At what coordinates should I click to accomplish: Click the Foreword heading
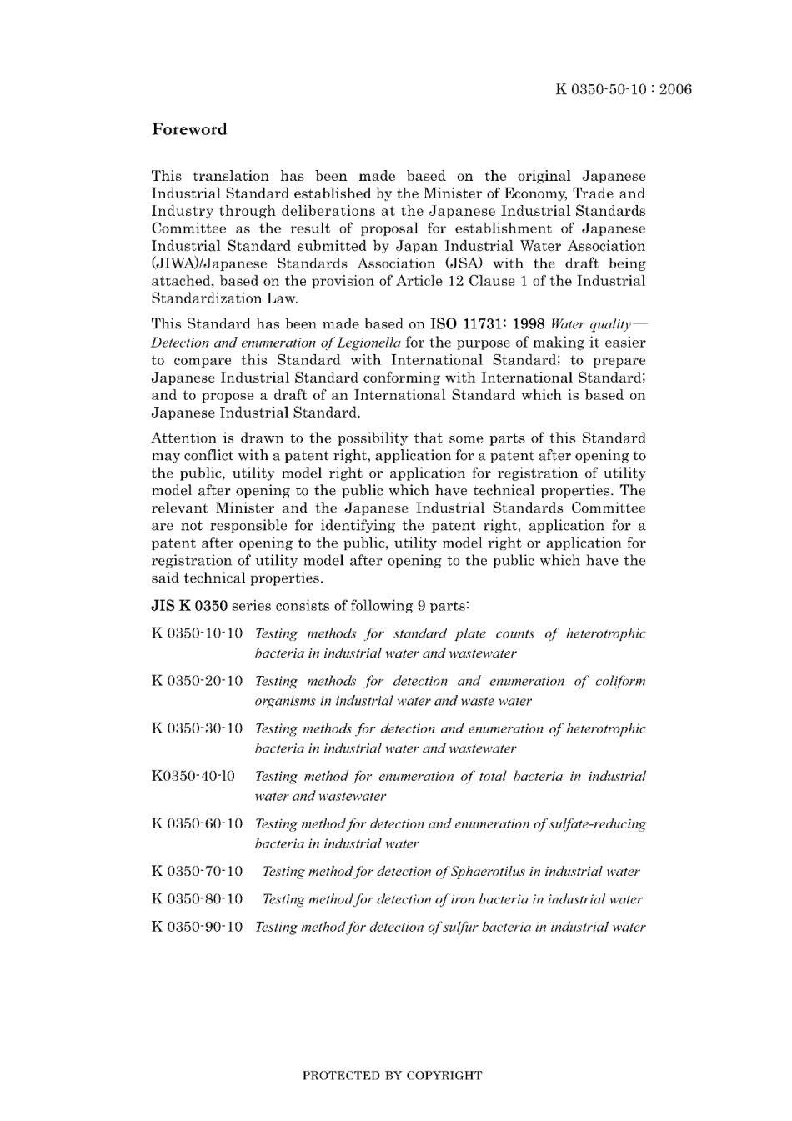tap(188, 129)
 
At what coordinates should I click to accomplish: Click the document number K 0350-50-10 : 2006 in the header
tap(624, 90)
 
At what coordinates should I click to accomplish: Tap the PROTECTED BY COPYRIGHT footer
tap(392, 1075)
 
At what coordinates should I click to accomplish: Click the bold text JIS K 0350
tap(189, 606)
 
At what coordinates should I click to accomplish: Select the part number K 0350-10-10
tap(197, 634)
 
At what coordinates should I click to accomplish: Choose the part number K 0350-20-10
tap(197, 682)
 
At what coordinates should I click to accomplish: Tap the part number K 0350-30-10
tap(197, 729)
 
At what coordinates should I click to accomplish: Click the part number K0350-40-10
tap(193, 777)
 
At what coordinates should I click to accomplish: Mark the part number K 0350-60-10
tap(197, 824)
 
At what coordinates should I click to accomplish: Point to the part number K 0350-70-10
tap(197, 872)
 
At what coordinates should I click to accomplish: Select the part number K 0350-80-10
tap(197, 899)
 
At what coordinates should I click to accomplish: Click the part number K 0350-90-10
tap(197, 927)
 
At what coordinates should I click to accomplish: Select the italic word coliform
tap(620, 682)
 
